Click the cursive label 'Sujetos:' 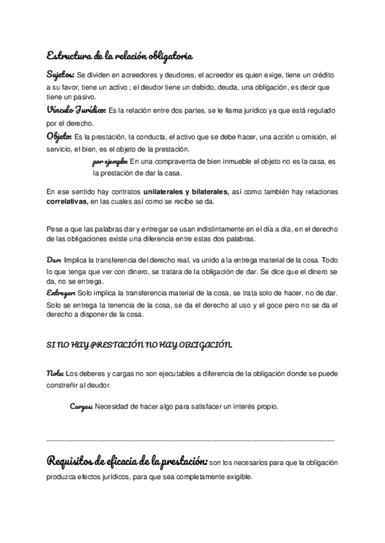point(60,74)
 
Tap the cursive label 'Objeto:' point(60,136)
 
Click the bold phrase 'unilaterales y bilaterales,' point(185,191)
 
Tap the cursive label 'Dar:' point(54,261)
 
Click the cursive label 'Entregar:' point(61,292)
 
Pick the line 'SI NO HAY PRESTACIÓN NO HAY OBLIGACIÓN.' point(139,345)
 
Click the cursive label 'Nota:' point(55,373)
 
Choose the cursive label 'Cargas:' point(81,407)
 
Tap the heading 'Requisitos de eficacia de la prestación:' point(127,462)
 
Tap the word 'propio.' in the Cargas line point(266,407)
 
